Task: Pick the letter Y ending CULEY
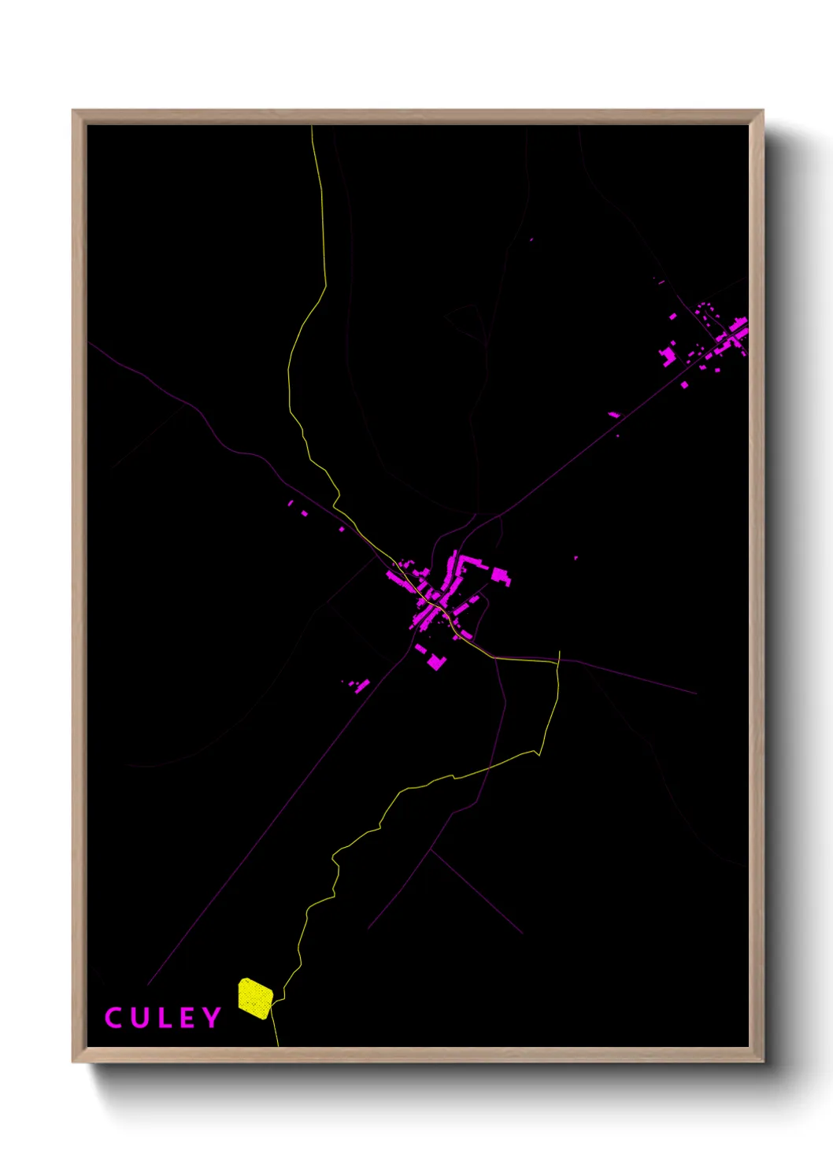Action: point(212,1018)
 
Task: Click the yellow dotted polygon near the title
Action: point(255,998)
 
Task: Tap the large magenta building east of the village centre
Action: point(501,576)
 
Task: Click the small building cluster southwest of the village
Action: point(358,685)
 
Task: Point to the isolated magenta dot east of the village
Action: point(576,558)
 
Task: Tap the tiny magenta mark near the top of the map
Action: point(531,239)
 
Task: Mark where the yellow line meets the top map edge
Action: point(312,126)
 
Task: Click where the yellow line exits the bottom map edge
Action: point(278,1045)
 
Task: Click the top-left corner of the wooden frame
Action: point(73,111)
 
